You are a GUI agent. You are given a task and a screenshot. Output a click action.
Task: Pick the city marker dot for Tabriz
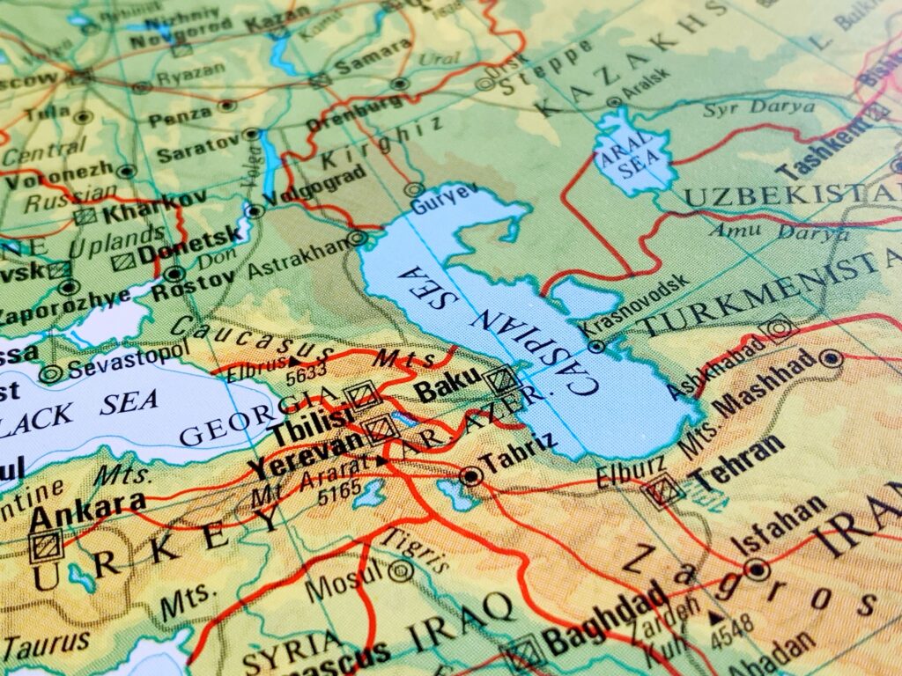click(471, 477)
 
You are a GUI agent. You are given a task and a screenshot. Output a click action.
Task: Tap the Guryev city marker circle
click(413, 189)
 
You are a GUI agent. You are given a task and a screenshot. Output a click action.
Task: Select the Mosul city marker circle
click(402, 570)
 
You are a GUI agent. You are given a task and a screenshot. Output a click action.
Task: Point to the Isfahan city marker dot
click(756, 569)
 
